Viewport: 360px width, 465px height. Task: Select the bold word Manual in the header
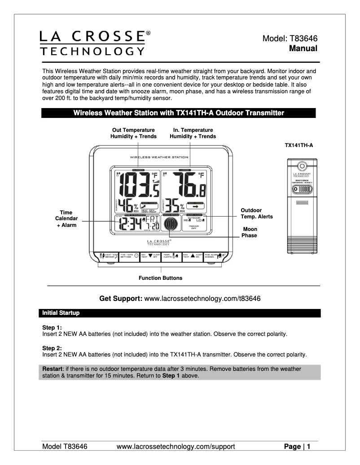303,48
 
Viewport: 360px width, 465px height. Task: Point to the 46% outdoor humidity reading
129,207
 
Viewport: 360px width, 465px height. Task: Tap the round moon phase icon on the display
171,225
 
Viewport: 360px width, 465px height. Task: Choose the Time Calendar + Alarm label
66,218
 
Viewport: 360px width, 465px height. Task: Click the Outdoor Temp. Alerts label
256,213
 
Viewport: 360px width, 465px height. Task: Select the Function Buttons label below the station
160,278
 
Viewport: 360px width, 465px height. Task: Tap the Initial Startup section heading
61,313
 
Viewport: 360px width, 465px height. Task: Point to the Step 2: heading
52,348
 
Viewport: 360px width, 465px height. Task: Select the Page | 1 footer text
297,447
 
